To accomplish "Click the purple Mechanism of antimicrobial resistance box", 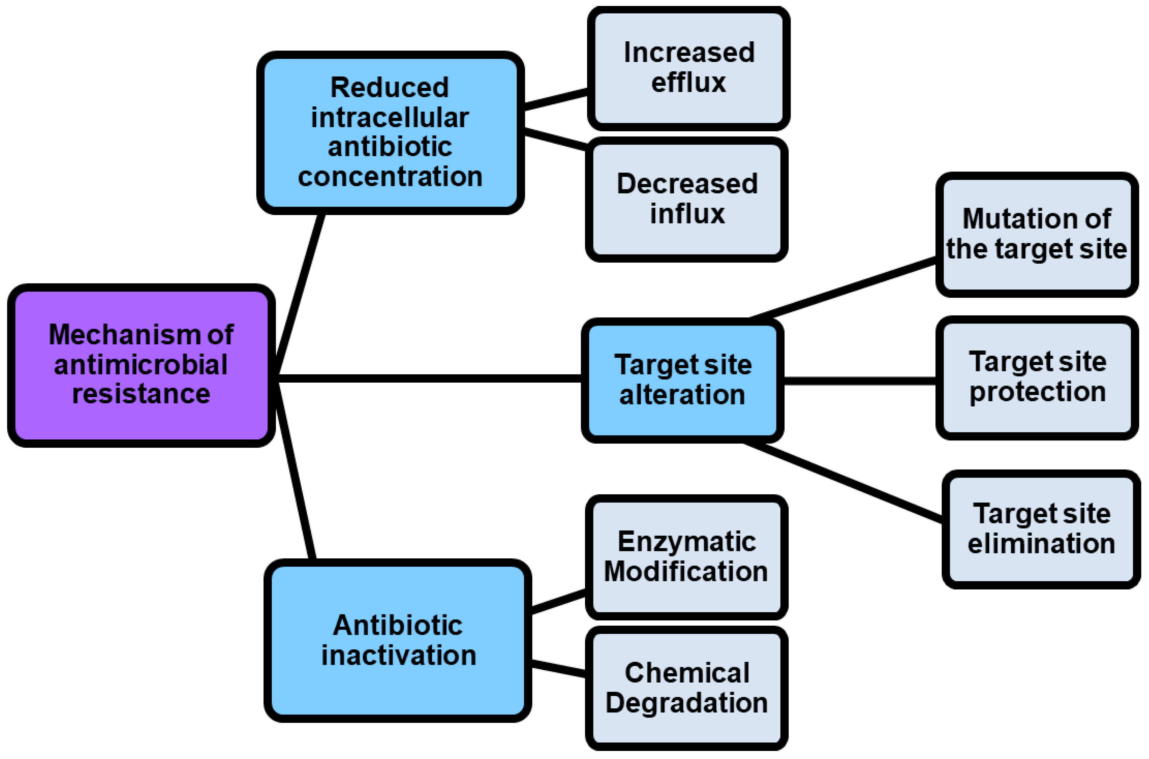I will tap(140, 365).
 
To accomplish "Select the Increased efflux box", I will tap(688, 68).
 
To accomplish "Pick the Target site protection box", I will tap(1037, 377).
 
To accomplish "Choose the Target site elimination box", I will tap(1040, 529).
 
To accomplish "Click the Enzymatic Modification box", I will tap(686, 557).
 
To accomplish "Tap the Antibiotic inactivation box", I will tap(398, 640).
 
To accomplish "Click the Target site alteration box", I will tap(682, 380).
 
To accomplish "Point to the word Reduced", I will tap(390, 88).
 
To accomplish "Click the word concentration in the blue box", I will tap(390, 177).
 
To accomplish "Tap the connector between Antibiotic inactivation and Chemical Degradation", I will tap(558, 668).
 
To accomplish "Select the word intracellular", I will tap(390, 118).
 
